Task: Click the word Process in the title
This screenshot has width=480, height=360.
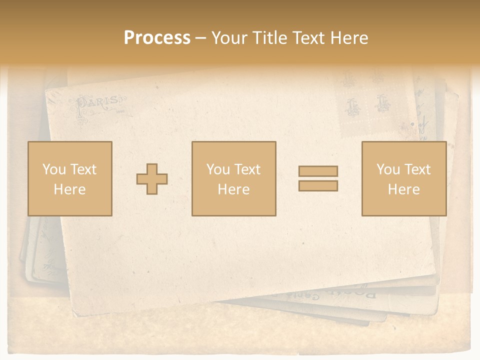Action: point(157,38)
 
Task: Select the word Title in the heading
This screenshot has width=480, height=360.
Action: point(269,38)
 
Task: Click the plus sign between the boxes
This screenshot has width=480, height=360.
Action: point(152,179)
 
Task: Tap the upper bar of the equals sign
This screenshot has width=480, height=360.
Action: point(318,171)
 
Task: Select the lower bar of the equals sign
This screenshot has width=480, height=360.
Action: point(318,185)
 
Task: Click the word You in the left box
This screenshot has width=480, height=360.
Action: point(53,169)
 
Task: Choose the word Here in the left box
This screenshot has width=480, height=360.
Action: point(69,189)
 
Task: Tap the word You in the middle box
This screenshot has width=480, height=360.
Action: point(218,169)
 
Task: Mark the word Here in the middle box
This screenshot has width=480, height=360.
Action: point(233,189)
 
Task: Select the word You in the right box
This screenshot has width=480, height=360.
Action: point(388,169)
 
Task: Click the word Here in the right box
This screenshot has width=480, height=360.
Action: point(403,189)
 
